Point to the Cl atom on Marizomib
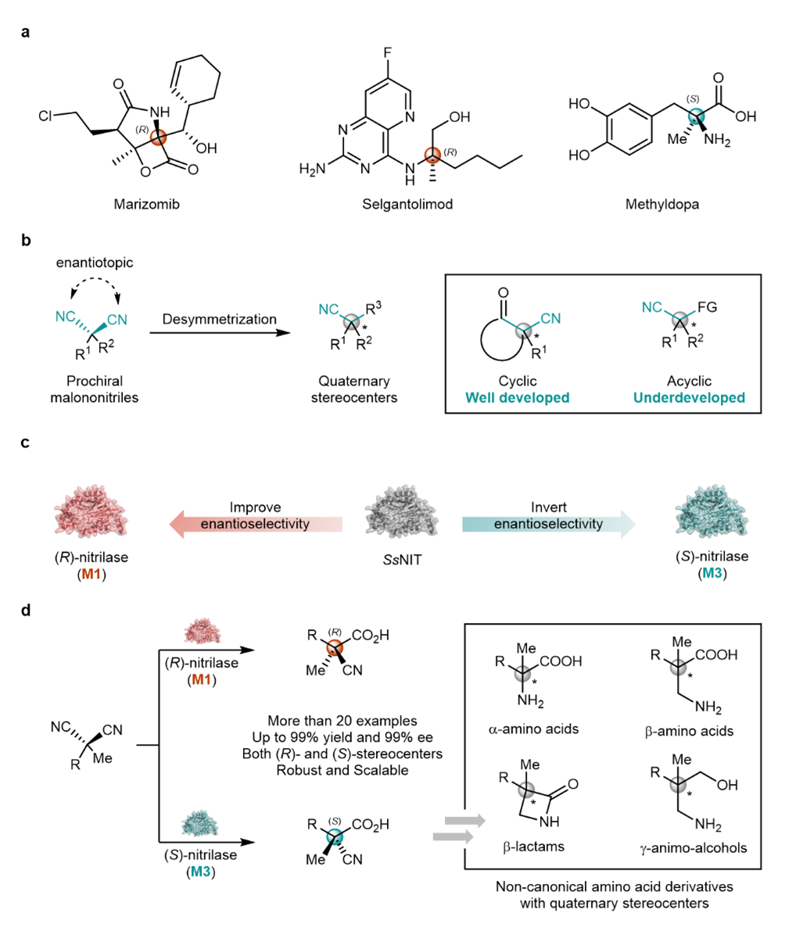(x=48, y=117)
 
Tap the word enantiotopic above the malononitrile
(x=94, y=263)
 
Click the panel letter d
(x=27, y=608)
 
